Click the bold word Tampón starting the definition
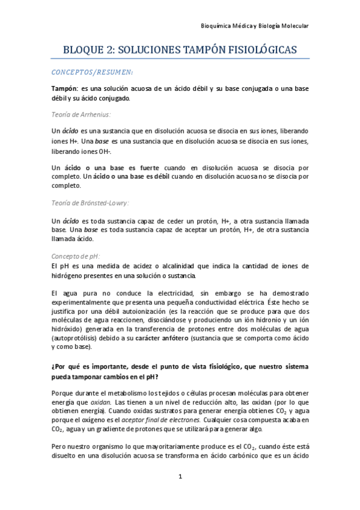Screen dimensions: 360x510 pos(64,88)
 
